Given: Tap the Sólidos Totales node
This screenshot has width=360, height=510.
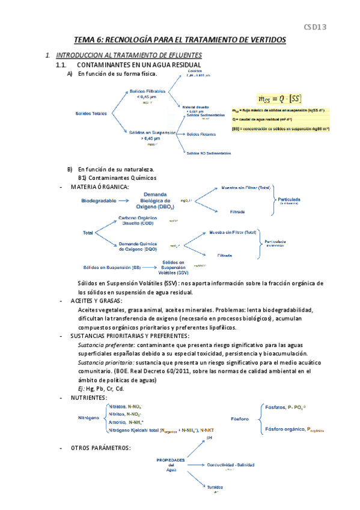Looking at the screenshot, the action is [x=91, y=113].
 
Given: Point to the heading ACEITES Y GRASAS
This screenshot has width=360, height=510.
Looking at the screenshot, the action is [x=96, y=301].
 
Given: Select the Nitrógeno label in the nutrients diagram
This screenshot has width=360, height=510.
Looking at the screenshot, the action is [x=88, y=417].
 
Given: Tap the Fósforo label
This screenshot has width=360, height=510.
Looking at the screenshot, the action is [x=240, y=419].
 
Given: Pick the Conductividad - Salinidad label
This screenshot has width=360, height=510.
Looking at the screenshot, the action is [x=234, y=465].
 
